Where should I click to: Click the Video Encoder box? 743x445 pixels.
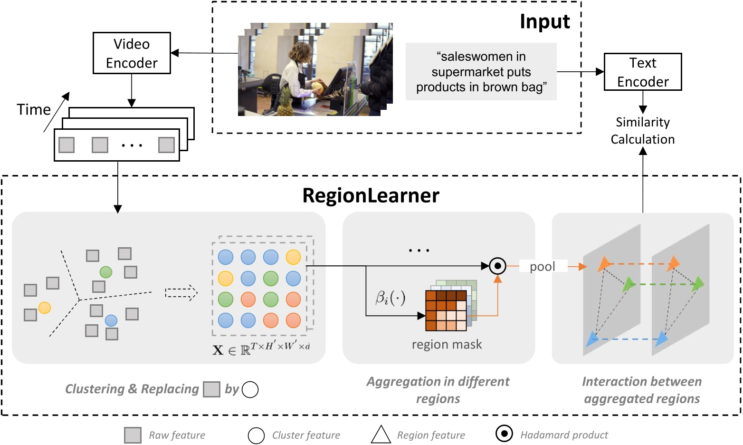point(132,53)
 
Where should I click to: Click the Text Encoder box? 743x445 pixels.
point(642,72)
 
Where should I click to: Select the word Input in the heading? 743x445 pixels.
point(544,22)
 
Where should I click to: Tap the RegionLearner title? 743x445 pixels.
point(371,196)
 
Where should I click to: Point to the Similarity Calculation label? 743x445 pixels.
point(642,131)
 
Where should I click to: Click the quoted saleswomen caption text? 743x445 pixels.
point(481,72)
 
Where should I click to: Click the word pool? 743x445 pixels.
point(543,267)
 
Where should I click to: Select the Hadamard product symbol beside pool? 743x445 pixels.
point(497,266)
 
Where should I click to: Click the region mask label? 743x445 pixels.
point(447,344)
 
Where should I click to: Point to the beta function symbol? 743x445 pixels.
point(390,298)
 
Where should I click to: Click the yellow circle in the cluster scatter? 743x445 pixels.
point(45,308)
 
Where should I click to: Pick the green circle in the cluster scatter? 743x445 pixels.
point(106,272)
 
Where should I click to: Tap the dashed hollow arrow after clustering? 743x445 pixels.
point(181,292)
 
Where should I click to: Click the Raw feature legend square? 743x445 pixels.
point(133,435)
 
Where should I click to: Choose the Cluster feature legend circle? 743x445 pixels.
point(256,435)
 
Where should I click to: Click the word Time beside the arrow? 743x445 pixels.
point(34,110)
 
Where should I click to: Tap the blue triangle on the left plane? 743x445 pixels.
point(592,339)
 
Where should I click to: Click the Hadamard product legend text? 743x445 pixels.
point(564,435)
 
